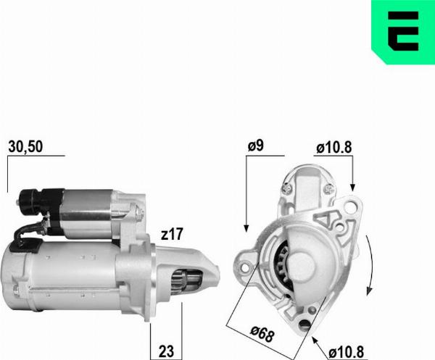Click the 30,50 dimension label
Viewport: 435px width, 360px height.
point(25,146)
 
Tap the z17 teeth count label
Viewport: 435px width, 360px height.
point(172,234)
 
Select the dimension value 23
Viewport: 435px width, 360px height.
point(166,351)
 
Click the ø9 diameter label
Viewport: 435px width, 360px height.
point(255,146)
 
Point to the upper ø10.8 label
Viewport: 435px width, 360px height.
point(334,148)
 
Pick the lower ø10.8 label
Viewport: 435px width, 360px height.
point(346,353)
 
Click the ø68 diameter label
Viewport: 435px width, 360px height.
point(262,334)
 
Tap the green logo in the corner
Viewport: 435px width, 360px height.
point(403,32)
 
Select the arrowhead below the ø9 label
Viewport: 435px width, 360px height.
point(246,228)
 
